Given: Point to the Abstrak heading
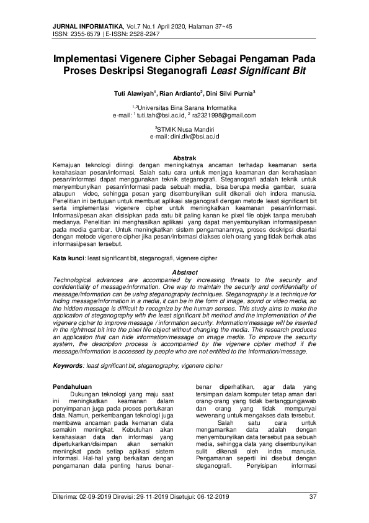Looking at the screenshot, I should tap(184, 158).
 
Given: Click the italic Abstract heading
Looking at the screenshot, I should tap(184, 273).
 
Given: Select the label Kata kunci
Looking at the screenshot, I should tap(68, 257).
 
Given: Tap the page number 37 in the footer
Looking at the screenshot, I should tap(313, 497).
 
